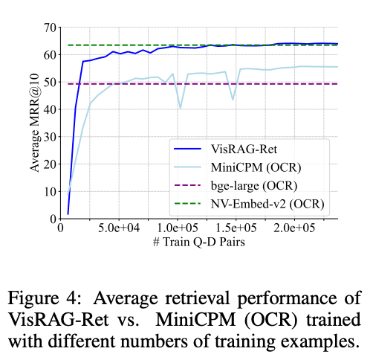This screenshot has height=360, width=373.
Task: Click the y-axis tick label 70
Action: [51, 28]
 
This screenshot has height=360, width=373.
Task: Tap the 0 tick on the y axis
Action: [53, 219]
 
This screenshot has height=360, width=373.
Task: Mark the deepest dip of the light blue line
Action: [180, 108]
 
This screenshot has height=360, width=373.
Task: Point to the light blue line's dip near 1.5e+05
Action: [233, 100]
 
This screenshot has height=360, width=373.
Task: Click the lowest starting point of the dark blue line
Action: [68, 213]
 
